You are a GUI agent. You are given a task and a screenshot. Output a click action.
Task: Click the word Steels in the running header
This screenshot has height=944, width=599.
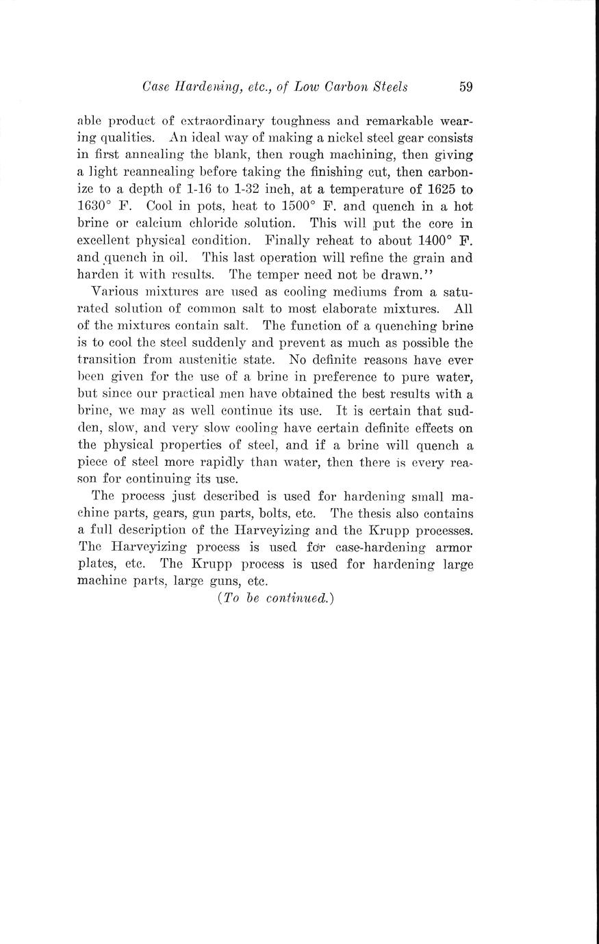[387, 87]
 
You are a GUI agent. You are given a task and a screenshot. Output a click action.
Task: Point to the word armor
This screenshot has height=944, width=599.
[455, 547]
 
